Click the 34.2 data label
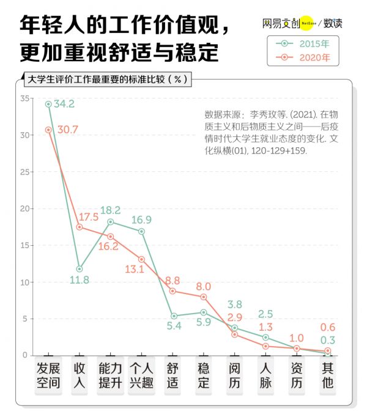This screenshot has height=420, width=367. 64,104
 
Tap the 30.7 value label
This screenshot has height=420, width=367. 64,130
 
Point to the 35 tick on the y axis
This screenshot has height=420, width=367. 25,98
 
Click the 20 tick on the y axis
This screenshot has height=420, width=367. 25,208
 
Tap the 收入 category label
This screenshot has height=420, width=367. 80,375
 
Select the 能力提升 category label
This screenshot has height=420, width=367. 111,375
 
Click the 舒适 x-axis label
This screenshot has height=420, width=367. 172,375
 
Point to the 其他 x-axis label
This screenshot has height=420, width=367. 328,375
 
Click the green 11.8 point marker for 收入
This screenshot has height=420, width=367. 79,269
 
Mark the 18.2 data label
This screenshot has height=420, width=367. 110,210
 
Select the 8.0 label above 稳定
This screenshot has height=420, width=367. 204,286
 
